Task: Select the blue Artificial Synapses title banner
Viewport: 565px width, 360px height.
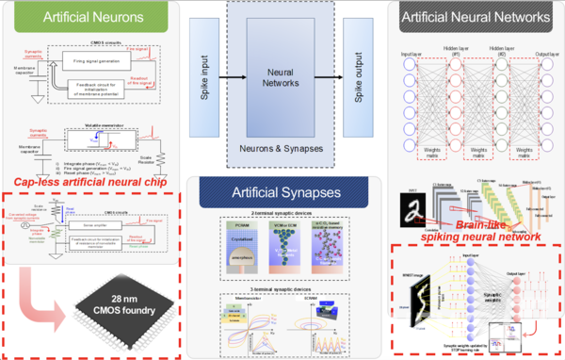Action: (282, 192)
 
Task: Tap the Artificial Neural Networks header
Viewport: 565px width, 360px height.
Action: (476, 17)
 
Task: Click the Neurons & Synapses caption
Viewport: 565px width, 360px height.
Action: (282, 149)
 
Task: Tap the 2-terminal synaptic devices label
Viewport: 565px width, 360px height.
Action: (281, 215)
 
